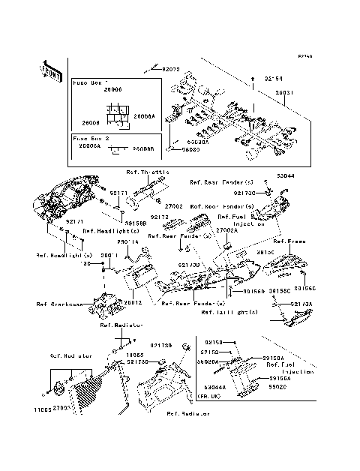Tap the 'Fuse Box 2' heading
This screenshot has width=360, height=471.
pyautogui.click(x=91, y=139)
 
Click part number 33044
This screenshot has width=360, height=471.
pyautogui.click(x=286, y=175)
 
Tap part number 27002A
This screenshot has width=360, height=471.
pyautogui.click(x=227, y=231)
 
